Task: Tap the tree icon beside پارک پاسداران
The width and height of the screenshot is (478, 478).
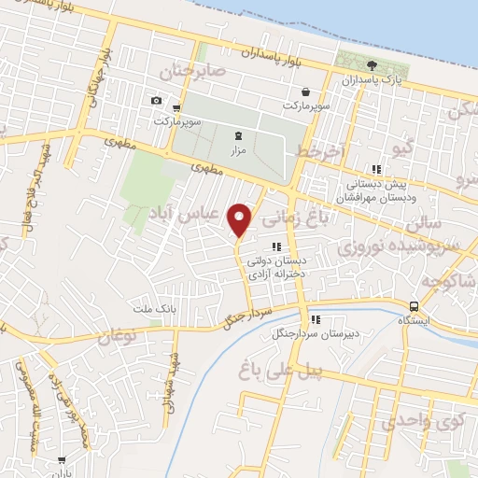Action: point(373,64)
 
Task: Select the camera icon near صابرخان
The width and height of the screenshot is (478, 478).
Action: point(156,100)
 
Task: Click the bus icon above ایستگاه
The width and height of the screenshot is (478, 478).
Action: point(414,306)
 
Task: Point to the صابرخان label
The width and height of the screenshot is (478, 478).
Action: point(192,72)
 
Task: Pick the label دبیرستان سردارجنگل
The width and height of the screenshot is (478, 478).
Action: point(309,333)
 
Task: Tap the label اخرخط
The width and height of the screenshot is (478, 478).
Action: point(321,151)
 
